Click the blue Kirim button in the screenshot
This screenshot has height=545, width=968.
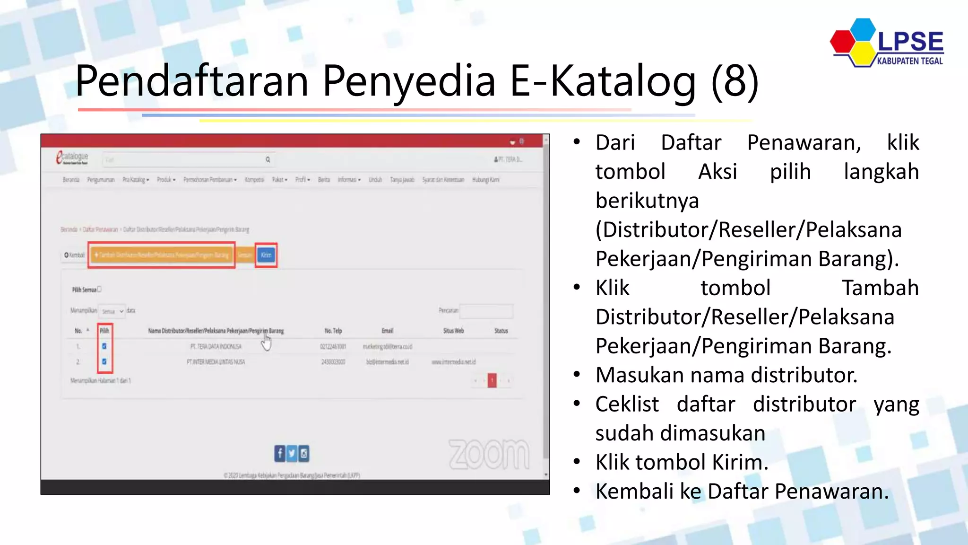(x=266, y=255)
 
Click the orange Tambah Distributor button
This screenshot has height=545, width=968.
(x=162, y=255)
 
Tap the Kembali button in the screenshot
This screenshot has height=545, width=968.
(x=75, y=255)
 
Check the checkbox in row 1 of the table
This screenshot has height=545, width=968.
(x=104, y=346)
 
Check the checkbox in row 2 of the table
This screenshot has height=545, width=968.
(x=104, y=361)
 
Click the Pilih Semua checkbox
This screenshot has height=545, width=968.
(x=99, y=289)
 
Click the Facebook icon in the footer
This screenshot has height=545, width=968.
(x=280, y=453)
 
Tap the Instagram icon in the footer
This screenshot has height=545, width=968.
(x=304, y=453)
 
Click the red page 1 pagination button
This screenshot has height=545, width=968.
(x=492, y=380)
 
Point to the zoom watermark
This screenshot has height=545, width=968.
(x=489, y=454)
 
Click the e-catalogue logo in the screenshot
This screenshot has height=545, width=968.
(x=72, y=158)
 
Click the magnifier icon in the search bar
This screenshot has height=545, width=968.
(x=268, y=160)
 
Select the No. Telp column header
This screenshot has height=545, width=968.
(x=333, y=331)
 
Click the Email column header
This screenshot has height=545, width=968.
(x=388, y=331)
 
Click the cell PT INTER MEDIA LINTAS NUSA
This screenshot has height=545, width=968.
(x=216, y=362)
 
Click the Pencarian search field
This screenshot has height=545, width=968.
(x=486, y=311)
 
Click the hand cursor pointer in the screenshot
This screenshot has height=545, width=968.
(x=267, y=342)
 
